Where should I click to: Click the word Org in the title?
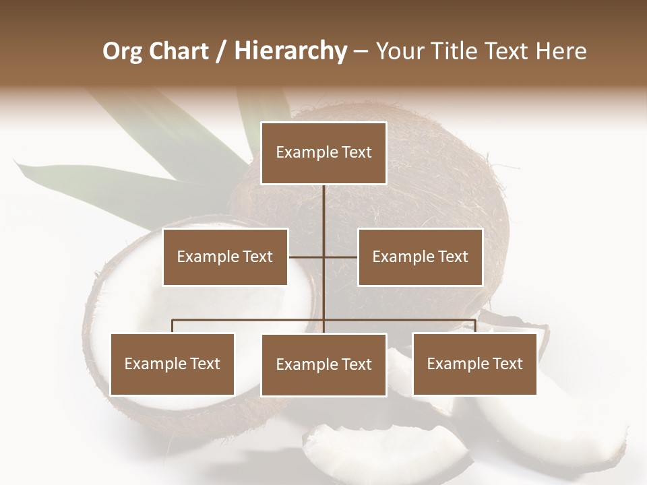click(x=121, y=51)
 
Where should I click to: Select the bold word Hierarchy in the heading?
click(x=290, y=51)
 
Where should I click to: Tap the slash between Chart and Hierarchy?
click(x=221, y=51)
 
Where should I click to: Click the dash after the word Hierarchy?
click(x=361, y=51)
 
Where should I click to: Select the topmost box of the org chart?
click(x=323, y=153)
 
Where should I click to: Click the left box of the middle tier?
click(x=225, y=257)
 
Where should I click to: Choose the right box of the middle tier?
click(x=420, y=257)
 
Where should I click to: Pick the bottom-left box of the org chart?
click(x=172, y=364)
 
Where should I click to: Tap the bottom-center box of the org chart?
click(x=323, y=365)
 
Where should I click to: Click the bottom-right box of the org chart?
click(x=474, y=364)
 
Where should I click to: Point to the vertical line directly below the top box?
click(x=323, y=209)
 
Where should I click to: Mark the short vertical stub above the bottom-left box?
click(x=172, y=327)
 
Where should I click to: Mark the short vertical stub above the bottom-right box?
click(x=475, y=327)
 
